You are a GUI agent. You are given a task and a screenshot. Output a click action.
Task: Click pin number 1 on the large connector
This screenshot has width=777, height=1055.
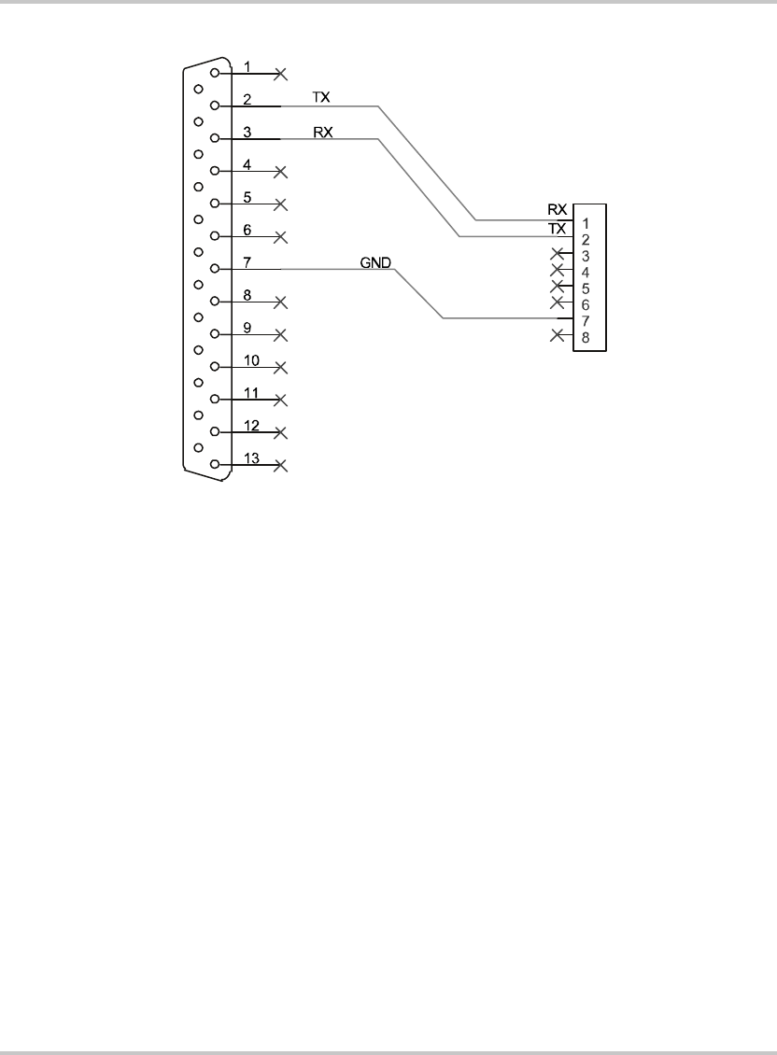pos(247,66)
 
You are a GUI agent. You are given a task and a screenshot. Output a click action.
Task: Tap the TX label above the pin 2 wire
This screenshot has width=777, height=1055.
pos(320,97)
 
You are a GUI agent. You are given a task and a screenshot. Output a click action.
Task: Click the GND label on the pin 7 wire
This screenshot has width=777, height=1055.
pos(374,261)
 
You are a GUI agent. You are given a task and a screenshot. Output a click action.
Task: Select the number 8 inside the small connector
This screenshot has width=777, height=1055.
pos(585,337)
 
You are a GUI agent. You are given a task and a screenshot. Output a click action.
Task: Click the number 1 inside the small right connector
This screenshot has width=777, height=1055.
pos(585,224)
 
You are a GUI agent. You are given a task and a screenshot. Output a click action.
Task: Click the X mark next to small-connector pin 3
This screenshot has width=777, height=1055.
pos(558,254)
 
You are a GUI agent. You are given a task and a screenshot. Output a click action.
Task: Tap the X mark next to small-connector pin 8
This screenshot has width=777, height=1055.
pos(558,334)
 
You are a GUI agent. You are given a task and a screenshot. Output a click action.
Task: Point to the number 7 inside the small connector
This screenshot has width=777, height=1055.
pos(585,321)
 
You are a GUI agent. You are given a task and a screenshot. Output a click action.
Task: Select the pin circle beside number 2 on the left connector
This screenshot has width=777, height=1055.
pos(216,105)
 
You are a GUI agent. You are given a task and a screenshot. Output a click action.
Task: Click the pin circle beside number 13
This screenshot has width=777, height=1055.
pos(216,464)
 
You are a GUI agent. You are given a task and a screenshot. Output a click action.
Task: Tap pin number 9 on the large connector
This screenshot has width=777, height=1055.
pos(247,328)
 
